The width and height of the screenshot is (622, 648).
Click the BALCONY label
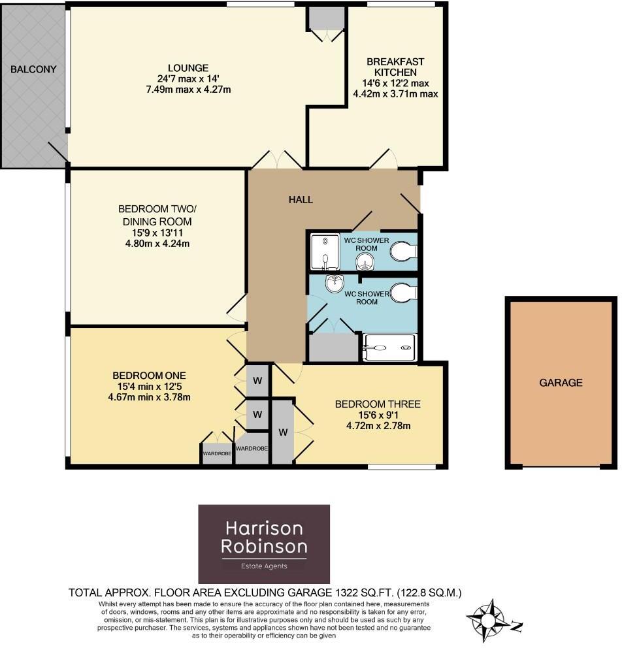coord(33,69)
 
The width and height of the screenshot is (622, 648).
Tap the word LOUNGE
coord(188,68)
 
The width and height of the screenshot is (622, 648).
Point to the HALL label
coord(301,199)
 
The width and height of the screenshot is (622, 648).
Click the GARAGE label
coord(560,383)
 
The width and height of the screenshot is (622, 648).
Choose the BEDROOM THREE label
coord(378,404)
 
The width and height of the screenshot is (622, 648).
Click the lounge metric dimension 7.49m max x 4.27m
coord(188,89)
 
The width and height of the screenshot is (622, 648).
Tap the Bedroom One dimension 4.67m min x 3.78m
coord(149,397)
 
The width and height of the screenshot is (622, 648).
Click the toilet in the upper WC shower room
coord(402,251)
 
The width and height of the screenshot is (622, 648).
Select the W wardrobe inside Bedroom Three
coord(283,432)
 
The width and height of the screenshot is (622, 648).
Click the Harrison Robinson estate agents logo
coord(264,543)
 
